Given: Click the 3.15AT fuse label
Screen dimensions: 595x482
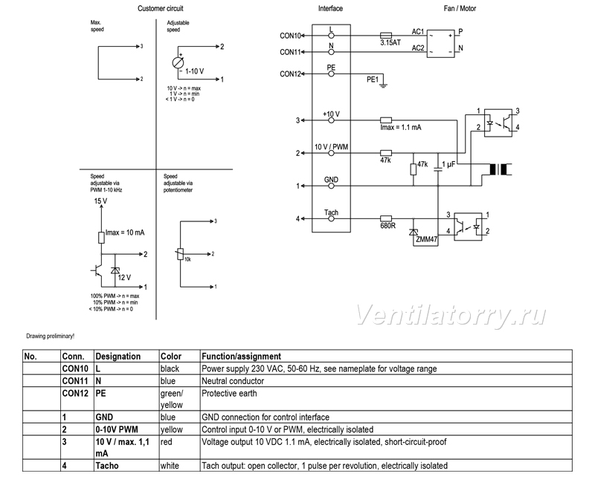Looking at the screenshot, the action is [390, 43].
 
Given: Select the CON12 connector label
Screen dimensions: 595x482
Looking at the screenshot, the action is [290, 74].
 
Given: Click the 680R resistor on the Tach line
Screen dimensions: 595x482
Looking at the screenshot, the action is [386, 218].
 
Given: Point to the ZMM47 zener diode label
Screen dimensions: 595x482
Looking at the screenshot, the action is [426, 239].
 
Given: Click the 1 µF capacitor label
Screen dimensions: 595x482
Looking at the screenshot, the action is [448, 164].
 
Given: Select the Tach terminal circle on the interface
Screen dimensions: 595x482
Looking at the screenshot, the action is [331, 218].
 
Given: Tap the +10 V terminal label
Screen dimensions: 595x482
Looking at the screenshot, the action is [331, 114].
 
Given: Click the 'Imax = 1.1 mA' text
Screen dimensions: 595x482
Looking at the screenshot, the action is [401, 127].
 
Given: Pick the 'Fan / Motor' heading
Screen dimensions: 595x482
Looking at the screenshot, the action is [460, 8].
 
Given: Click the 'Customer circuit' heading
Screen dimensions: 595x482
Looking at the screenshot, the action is [161, 8].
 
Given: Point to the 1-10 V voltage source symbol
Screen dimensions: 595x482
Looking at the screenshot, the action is [178, 63].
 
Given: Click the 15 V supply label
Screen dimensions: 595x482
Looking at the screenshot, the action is [100, 201].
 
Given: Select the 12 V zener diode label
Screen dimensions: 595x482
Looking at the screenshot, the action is [124, 277].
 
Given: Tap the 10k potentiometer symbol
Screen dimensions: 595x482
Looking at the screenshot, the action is [180, 254].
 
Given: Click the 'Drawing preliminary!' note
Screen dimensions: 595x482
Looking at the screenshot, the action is [51, 336].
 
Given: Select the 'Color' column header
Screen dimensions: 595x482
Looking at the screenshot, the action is [171, 356].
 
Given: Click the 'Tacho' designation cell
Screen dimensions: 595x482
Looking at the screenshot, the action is [107, 466].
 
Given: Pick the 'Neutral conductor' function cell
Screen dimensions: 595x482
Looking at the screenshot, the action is [233, 381].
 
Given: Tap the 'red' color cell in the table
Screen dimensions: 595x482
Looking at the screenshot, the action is [166, 442].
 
